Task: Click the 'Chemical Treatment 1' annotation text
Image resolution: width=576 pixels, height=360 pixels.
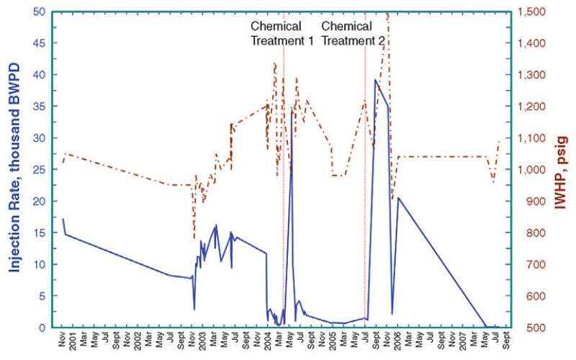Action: [282, 33]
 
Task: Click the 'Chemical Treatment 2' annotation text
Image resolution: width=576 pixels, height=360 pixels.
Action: [353, 33]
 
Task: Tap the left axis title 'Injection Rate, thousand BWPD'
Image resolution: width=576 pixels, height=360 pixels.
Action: [14, 169]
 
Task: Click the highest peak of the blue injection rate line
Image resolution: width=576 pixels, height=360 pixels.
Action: [375, 80]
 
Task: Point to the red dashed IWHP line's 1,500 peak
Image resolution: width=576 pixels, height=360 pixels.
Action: [387, 14]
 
